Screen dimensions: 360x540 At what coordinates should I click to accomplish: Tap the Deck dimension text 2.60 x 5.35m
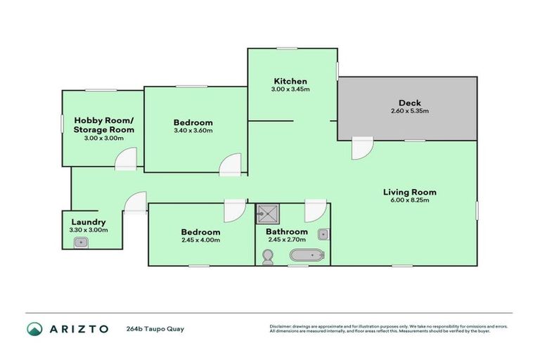[409, 111]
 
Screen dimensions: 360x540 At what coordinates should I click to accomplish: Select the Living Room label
[409, 192]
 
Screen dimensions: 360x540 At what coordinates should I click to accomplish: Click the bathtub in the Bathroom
[305, 255]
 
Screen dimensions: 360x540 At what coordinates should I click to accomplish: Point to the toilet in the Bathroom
[267, 259]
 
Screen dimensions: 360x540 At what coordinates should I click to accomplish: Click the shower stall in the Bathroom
[266, 212]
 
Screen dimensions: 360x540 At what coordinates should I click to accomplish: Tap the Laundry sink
[81, 243]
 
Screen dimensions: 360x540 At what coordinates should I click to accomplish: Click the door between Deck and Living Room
[362, 147]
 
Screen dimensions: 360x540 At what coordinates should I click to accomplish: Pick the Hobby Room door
[125, 160]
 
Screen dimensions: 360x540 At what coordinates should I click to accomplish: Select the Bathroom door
[314, 212]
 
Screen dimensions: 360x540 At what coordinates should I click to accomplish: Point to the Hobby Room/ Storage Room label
[104, 124]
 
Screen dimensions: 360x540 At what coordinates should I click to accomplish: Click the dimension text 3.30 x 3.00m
[88, 230]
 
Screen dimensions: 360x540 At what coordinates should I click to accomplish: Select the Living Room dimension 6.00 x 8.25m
[409, 200]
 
